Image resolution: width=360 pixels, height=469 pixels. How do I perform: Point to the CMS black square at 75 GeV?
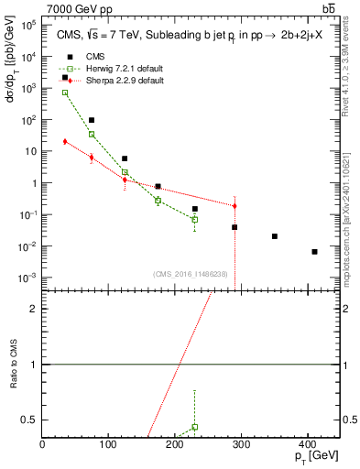click(92, 120)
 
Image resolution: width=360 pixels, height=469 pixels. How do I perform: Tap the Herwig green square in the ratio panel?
click(195, 427)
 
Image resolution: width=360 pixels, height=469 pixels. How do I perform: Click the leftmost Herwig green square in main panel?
click(65, 93)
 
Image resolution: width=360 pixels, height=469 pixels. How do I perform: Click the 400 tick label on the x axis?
click(308, 444)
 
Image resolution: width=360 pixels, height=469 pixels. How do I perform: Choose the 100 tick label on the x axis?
click(108, 444)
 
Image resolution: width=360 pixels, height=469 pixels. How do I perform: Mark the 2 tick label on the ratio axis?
click(34, 309)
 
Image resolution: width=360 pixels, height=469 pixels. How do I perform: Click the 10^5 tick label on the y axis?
click(27, 25)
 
